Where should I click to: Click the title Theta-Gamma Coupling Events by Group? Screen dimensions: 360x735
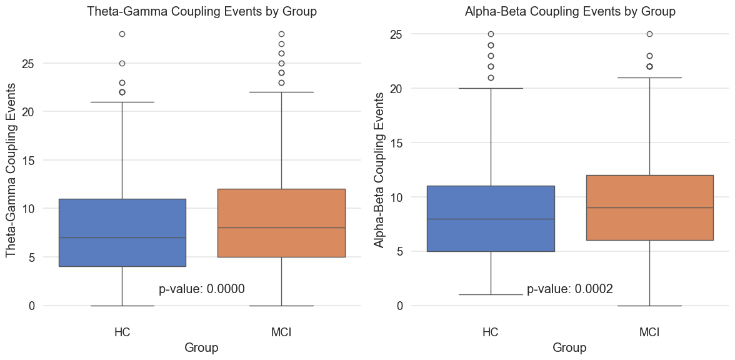tap(202, 12)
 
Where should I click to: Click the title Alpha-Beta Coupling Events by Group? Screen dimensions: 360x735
tap(570, 12)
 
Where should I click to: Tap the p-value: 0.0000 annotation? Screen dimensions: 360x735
tap(201, 289)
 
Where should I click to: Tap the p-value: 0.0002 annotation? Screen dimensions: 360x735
tap(569, 289)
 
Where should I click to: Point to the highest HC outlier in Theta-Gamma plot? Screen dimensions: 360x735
tap(122, 34)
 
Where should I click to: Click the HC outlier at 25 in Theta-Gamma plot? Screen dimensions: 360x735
tap(122, 63)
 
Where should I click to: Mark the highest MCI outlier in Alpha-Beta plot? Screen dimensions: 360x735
tap(650, 34)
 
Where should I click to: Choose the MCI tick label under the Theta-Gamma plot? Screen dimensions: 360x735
tap(281, 331)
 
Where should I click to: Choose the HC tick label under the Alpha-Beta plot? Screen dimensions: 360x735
tap(491, 331)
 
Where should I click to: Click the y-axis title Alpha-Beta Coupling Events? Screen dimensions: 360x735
tap(379, 169)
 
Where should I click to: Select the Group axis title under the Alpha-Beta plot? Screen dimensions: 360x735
tap(570, 348)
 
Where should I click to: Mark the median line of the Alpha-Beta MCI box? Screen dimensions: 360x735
tap(650, 207)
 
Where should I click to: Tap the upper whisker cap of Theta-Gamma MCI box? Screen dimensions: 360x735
tap(281, 92)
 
